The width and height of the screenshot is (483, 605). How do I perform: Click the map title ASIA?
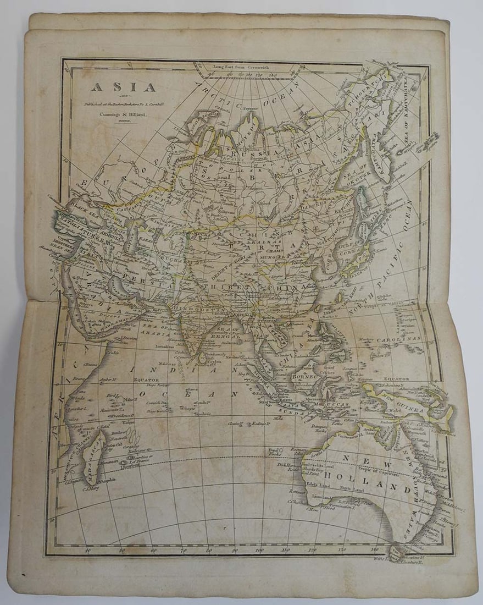[123, 87]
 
